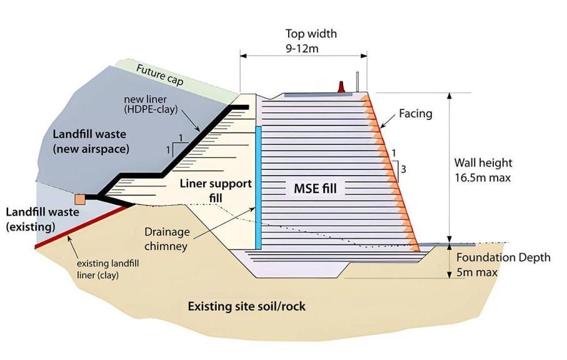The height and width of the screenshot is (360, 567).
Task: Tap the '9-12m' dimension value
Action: pyautogui.click(x=303, y=47)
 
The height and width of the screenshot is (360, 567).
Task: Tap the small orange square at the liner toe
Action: pyautogui.click(x=79, y=199)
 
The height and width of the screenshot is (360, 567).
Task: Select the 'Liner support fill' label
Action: pyautogui.click(x=216, y=191)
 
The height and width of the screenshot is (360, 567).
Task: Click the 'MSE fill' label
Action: pyautogui.click(x=315, y=187)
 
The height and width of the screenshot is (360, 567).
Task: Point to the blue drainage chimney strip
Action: pyautogui.click(x=258, y=187)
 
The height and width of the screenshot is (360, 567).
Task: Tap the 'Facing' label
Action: pyautogui.click(x=416, y=114)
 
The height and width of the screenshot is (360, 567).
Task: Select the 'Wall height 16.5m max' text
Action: pyautogui.click(x=483, y=170)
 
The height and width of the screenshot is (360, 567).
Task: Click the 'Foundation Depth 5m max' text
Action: pyautogui.click(x=503, y=265)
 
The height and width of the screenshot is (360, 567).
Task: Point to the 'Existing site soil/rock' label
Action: pyautogui.click(x=247, y=307)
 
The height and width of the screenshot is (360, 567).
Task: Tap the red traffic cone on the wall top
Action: pyautogui.click(x=342, y=86)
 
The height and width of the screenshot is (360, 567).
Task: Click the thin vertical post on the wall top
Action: pyautogui.click(x=358, y=82)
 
